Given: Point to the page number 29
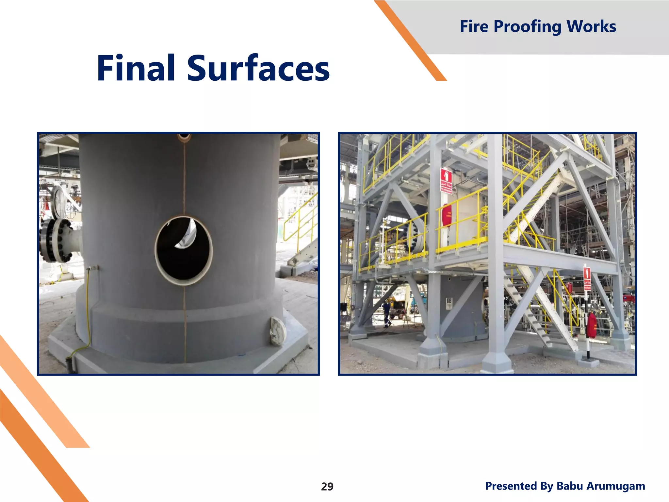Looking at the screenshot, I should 327,487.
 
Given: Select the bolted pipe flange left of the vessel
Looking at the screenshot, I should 56,240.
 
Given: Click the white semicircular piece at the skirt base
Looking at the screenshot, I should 278,331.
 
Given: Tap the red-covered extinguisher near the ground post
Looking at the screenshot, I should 591,325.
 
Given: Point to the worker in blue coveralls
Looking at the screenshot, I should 387,314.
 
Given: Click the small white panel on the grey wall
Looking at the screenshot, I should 449,303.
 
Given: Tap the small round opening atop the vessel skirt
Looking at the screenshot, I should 184,137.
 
